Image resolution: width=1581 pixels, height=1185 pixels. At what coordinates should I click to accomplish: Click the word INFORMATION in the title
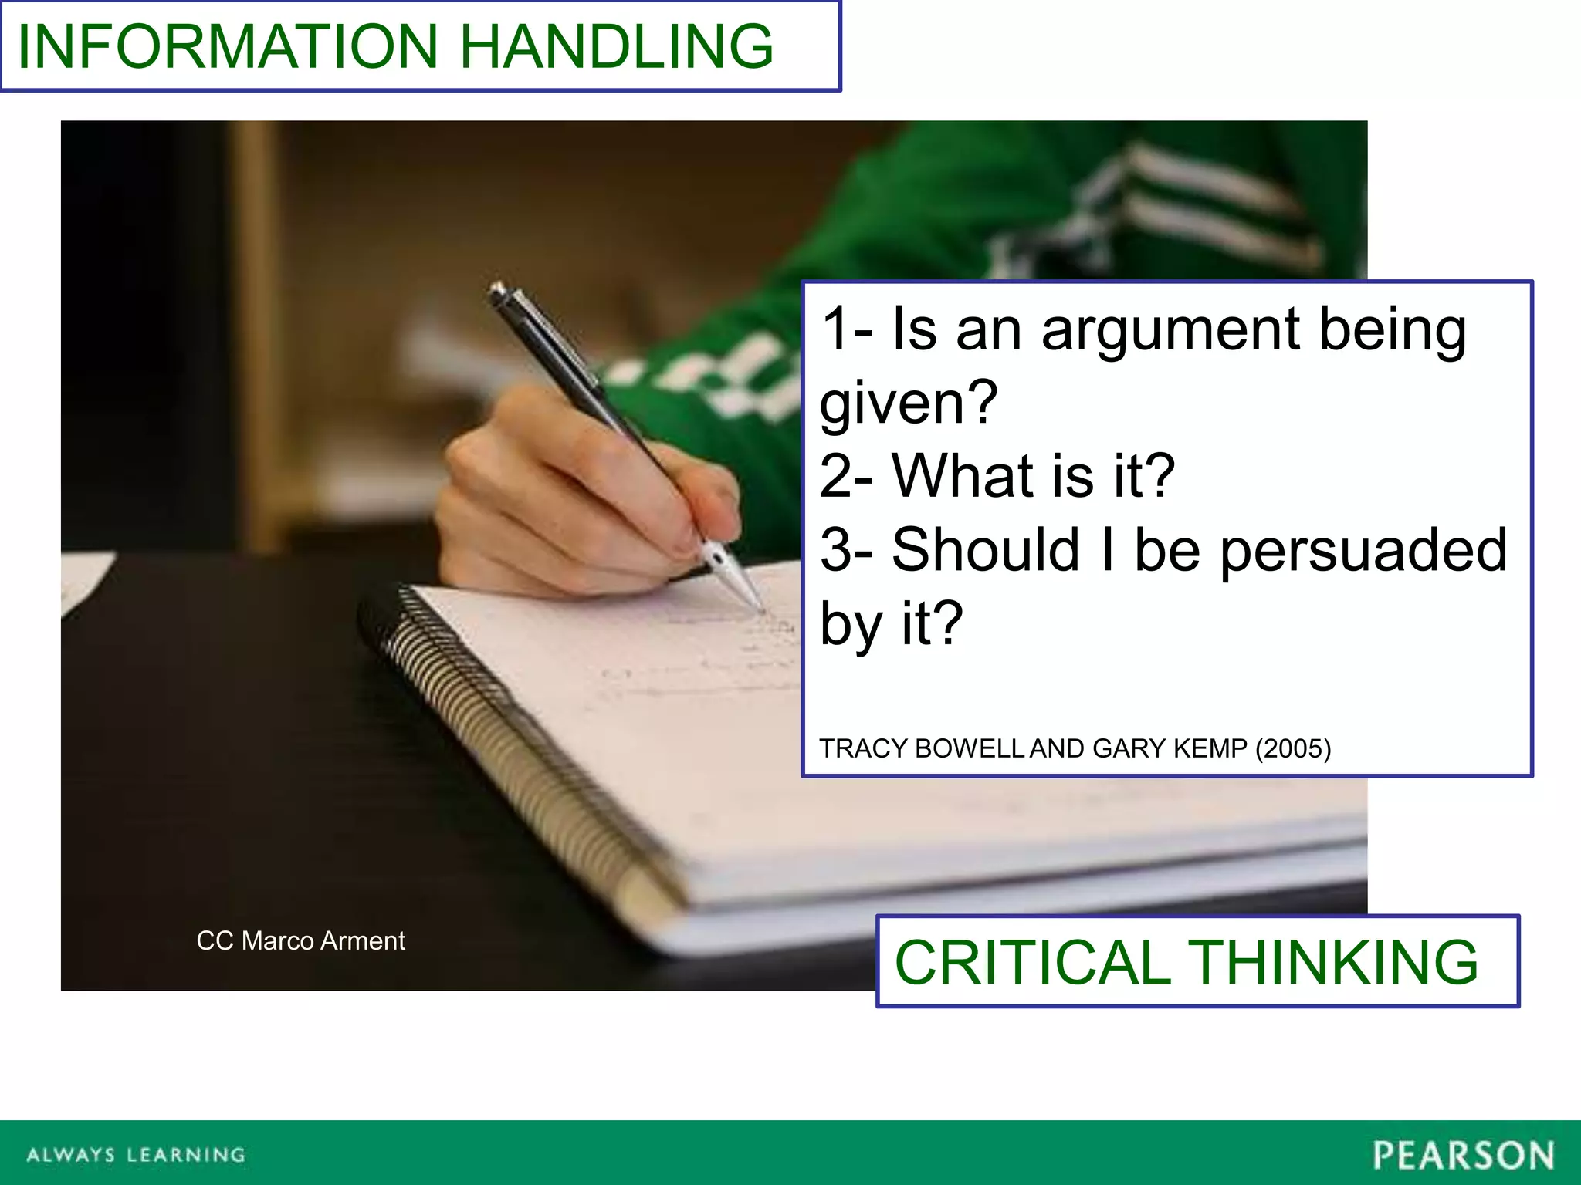pyautogui.click(x=228, y=46)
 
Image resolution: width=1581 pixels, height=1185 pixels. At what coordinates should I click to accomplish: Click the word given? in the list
pyautogui.click(x=909, y=403)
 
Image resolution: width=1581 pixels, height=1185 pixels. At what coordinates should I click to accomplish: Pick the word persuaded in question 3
pyautogui.click(x=1363, y=549)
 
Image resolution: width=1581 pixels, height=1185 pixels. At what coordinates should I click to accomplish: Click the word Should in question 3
pyautogui.click(x=985, y=549)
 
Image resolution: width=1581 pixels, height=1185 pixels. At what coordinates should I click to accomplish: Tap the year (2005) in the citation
pyautogui.click(x=1293, y=748)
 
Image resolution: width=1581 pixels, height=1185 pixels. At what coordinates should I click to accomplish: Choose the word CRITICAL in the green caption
pyautogui.click(x=1032, y=962)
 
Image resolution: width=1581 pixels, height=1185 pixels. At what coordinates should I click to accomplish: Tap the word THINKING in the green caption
pyautogui.click(x=1333, y=962)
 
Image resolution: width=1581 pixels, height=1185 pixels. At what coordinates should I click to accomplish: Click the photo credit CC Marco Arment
pyautogui.click(x=300, y=940)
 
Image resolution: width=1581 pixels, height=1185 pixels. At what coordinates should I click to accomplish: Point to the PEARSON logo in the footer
pyautogui.click(x=1463, y=1156)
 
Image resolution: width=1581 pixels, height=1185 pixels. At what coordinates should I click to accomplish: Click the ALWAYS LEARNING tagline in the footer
pyautogui.click(x=136, y=1155)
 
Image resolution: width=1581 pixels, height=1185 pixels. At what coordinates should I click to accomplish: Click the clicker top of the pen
pyautogui.click(x=496, y=289)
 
